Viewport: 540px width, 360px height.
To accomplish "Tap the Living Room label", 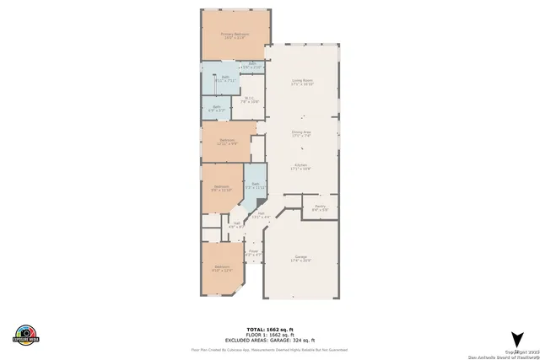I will pyautogui.click(x=302, y=83).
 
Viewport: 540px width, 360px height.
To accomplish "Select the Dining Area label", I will pyautogui.click(x=301, y=133).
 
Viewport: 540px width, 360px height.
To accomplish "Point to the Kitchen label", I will pyautogui.click(x=301, y=167).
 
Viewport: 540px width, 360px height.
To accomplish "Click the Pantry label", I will pyautogui.click(x=320, y=207).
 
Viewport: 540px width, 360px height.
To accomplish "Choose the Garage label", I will pyautogui.click(x=301, y=259).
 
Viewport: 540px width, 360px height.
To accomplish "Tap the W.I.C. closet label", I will pyautogui.click(x=251, y=99).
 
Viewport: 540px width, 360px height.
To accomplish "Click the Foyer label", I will pyautogui.click(x=251, y=251).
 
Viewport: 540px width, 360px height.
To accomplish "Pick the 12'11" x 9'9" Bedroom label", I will pyautogui.click(x=228, y=142).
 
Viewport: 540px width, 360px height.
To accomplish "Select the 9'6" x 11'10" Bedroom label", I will pyautogui.click(x=221, y=188).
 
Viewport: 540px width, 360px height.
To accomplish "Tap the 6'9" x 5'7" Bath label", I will pyautogui.click(x=216, y=108).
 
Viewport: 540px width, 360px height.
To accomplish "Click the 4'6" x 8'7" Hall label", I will pyautogui.click(x=236, y=224).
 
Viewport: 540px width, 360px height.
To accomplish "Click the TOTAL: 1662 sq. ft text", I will pyautogui.click(x=269, y=328).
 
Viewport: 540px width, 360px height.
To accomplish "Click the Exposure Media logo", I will pyautogui.click(x=26, y=334).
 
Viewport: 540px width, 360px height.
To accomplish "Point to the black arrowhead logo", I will pyautogui.click(x=517, y=338).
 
